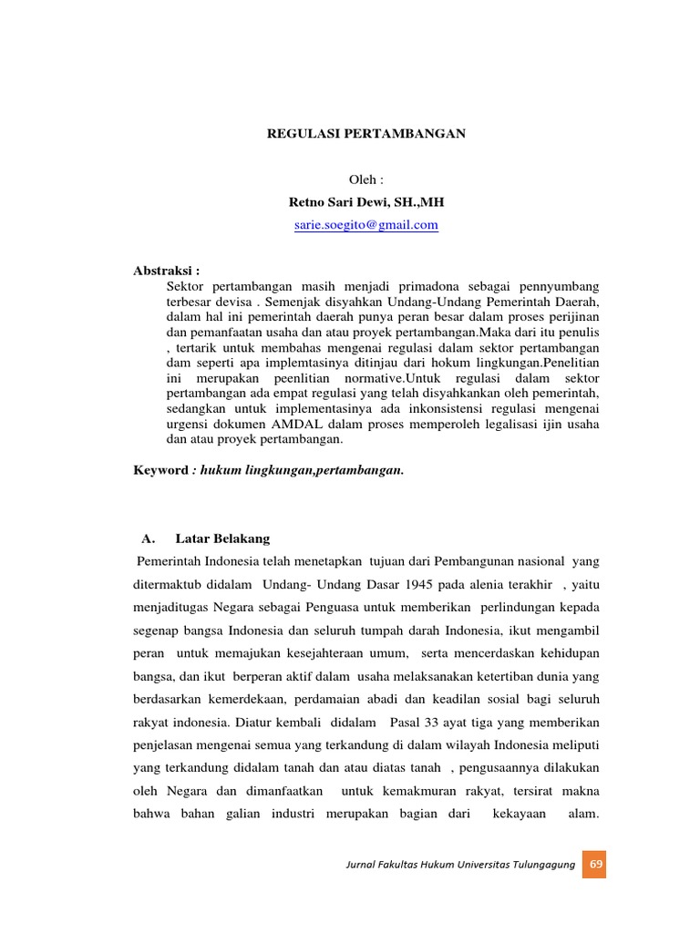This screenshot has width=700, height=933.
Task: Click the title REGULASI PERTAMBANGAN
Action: coord(365,133)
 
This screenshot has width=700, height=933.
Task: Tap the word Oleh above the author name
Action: coord(365,180)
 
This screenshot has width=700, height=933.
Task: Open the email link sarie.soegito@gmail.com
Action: coord(365,225)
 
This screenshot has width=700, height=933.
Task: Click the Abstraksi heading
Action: coord(167,271)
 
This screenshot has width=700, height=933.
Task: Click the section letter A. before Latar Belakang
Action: coord(151,538)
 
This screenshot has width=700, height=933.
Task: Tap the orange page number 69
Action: coord(596,865)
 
